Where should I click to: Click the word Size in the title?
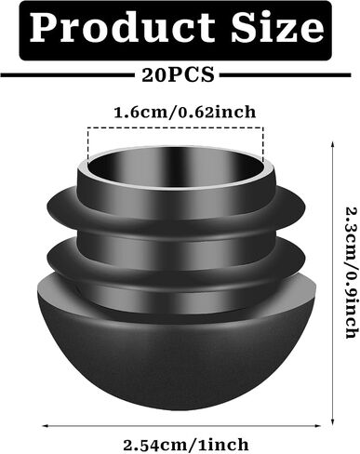click(x=277, y=27)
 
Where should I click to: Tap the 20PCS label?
click(x=178, y=74)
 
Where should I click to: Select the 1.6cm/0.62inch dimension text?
click(x=185, y=112)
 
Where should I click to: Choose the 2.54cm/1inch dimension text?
click(x=186, y=445)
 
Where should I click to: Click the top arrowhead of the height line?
click(x=333, y=143)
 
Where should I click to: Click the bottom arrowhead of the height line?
click(x=333, y=422)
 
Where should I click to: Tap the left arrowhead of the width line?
click(x=46, y=426)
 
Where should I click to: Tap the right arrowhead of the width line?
click(x=317, y=426)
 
